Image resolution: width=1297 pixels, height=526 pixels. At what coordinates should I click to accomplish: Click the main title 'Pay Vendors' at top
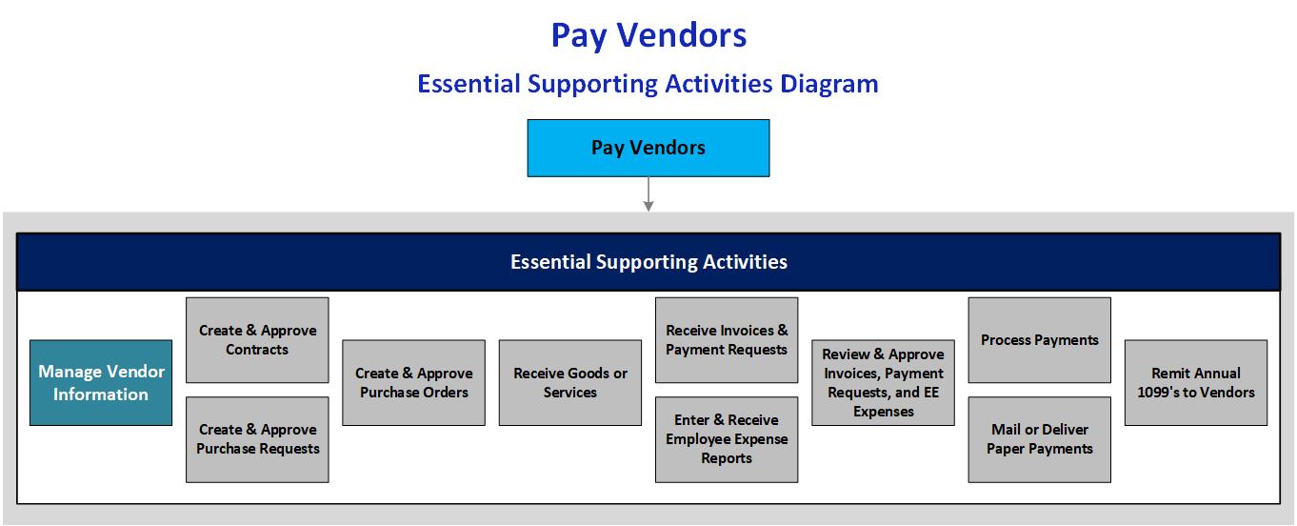point(648,35)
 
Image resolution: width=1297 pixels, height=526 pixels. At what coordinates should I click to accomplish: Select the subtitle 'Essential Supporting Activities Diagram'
point(648,84)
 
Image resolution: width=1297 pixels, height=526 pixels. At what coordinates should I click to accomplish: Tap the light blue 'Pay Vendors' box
point(648,148)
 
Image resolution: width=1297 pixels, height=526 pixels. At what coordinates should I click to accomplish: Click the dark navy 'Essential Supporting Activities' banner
point(648,262)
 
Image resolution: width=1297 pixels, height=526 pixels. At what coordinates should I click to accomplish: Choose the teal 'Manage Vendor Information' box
point(101,383)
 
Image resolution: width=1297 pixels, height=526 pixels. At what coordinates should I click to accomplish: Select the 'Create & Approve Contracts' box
point(257,340)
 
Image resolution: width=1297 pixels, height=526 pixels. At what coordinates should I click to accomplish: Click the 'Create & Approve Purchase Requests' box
point(257,439)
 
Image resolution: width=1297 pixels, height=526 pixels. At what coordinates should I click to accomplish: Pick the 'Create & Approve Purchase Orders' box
point(413,383)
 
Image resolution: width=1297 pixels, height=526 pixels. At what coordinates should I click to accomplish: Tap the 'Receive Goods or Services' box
point(570,383)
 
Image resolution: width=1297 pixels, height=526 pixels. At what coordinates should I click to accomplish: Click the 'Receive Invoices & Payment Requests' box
point(727,340)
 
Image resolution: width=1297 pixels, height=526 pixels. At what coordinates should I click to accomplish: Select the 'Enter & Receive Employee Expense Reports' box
point(727,439)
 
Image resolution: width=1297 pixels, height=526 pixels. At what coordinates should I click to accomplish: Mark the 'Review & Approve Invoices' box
point(883,383)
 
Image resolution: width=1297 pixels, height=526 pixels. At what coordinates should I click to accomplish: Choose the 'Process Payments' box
point(1039,340)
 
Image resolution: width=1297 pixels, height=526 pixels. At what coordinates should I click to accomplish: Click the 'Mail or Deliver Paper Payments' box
point(1039,439)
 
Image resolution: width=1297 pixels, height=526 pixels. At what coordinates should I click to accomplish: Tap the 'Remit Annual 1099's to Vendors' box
point(1196,383)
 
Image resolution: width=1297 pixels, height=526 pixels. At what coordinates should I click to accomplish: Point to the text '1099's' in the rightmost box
point(1162,393)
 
